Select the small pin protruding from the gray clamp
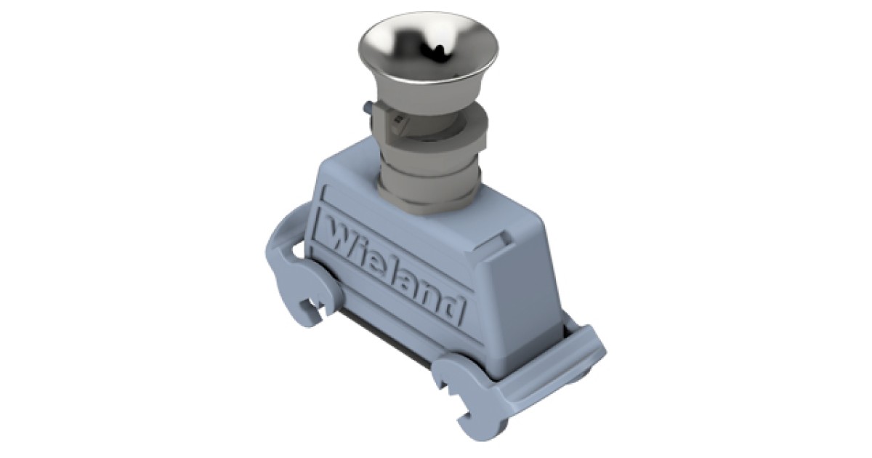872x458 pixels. (366, 107)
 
